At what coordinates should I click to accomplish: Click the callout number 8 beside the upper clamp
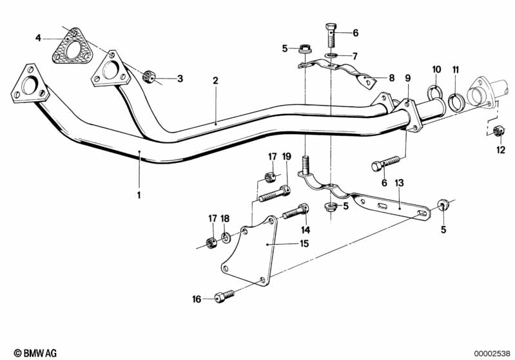[391, 78]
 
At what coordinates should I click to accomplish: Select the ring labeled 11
[455, 100]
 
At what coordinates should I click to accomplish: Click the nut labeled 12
[498, 132]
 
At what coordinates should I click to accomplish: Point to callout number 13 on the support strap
[399, 183]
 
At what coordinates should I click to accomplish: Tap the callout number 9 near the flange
[407, 78]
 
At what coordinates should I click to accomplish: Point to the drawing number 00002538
[491, 352]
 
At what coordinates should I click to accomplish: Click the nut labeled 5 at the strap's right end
[443, 205]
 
